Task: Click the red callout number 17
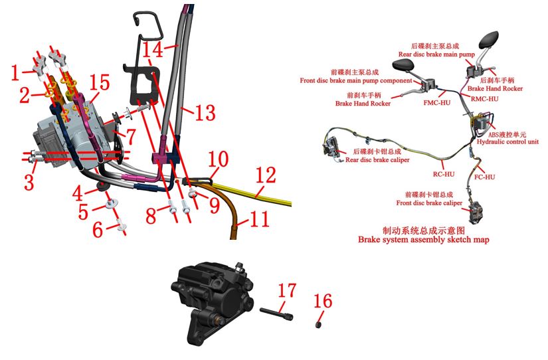[x=287, y=291]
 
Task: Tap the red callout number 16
[x=323, y=302]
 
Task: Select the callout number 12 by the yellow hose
[x=266, y=175]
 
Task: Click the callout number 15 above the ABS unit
[x=100, y=84]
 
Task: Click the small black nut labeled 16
[x=318, y=325]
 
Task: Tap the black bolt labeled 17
[x=276, y=314]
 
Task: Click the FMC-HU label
[x=437, y=103]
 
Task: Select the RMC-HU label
[x=484, y=99]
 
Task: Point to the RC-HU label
[x=444, y=174]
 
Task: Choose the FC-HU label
[x=484, y=177]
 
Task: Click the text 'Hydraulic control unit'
[x=507, y=142]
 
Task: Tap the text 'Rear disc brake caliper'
[x=377, y=159]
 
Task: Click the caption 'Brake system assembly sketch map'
[x=424, y=240]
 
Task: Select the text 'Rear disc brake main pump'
[x=436, y=54]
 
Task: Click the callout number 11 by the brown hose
[x=259, y=219]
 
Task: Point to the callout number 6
[x=98, y=230]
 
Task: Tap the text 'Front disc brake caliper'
[x=429, y=203]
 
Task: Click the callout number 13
[x=205, y=112]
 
